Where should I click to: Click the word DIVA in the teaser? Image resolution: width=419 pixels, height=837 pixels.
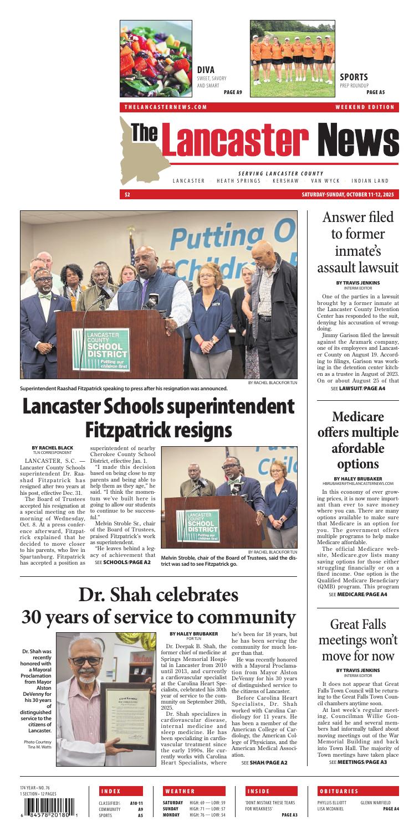206,70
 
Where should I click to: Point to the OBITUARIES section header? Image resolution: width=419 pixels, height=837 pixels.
338,790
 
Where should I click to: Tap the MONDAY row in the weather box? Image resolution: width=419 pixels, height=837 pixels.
199,815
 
